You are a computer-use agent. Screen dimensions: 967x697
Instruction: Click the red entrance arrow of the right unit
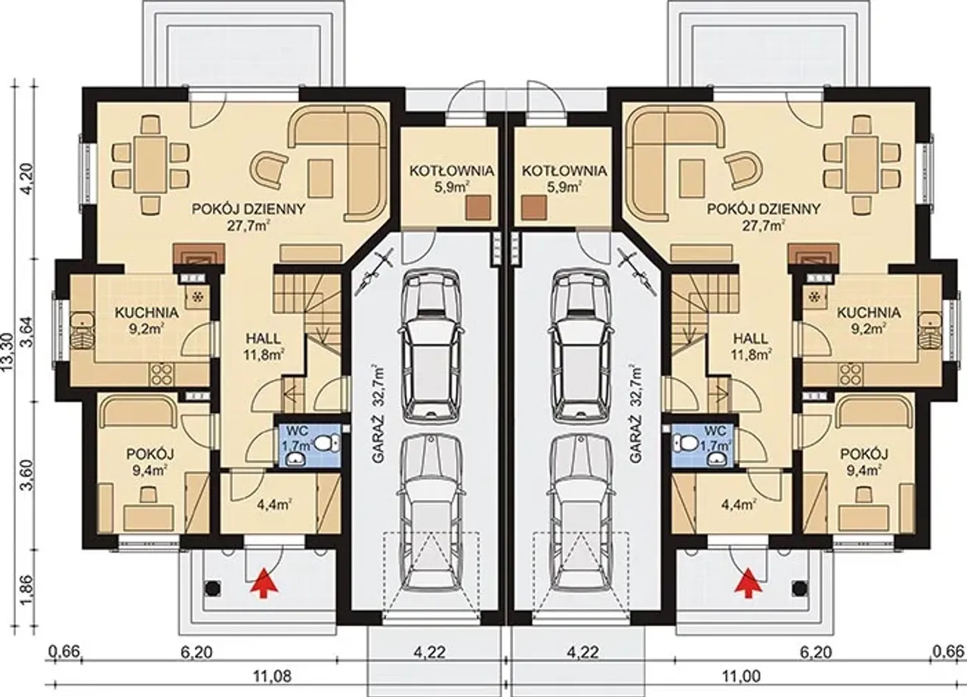pos(748,584)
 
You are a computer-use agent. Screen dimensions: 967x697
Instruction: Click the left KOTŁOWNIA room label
pos(452,171)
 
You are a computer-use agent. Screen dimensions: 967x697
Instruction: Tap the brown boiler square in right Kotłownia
pos(534,208)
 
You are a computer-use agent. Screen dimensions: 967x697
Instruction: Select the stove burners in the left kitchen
pos(162,375)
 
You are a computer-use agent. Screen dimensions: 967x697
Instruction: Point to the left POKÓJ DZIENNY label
pos(249,209)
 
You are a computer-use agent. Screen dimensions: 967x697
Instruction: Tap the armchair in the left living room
pos(270,171)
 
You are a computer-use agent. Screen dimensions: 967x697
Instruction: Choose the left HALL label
pos(263,338)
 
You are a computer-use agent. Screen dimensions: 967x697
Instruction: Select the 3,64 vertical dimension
pos(29,332)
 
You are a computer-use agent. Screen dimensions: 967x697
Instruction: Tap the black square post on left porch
pos(213,588)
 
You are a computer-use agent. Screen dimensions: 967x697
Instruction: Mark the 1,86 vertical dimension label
pos(29,590)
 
